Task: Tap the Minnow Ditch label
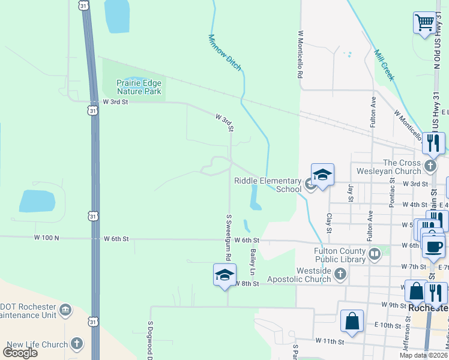point(225,52)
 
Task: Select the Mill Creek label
point(384,65)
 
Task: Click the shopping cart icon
point(425,23)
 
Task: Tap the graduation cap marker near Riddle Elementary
point(322,175)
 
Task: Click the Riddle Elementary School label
point(267,185)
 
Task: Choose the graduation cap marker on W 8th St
point(224,275)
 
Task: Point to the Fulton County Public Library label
point(340,255)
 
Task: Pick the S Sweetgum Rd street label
point(229,238)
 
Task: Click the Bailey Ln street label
point(253,263)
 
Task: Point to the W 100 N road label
point(47,238)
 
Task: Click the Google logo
point(20,353)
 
